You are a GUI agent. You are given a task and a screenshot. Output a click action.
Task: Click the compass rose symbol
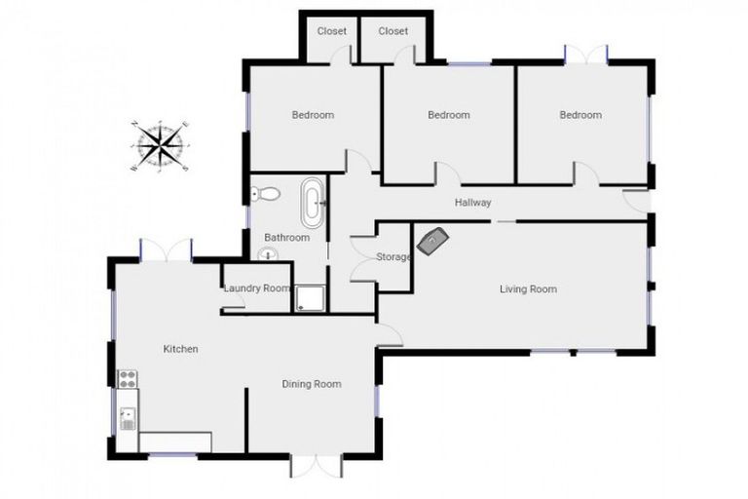[161, 146]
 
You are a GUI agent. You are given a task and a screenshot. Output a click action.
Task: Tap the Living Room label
[528, 288]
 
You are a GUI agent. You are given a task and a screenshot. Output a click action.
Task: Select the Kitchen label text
[180, 349]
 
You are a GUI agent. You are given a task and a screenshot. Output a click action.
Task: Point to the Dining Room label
[312, 384]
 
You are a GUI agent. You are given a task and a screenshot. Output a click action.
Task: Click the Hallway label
[472, 203]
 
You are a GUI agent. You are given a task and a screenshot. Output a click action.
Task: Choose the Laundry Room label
[257, 288]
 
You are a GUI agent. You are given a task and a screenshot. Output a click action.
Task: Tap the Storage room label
[393, 257]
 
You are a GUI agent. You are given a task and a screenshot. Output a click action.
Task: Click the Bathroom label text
[286, 238]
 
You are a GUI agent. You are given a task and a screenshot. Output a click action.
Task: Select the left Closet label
[332, 31]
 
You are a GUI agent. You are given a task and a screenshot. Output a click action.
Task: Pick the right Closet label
[393, 31]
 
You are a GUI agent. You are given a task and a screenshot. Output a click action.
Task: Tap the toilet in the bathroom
[266, 194]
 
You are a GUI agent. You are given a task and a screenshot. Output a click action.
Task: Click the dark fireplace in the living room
[431, 240]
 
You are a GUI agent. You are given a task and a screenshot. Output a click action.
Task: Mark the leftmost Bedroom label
[313, 115]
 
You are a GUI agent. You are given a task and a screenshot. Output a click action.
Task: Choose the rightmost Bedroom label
[580, 115]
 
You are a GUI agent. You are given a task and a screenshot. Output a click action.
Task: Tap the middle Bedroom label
[448, 115]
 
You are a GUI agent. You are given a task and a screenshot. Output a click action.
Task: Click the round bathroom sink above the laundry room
[268, 255]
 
